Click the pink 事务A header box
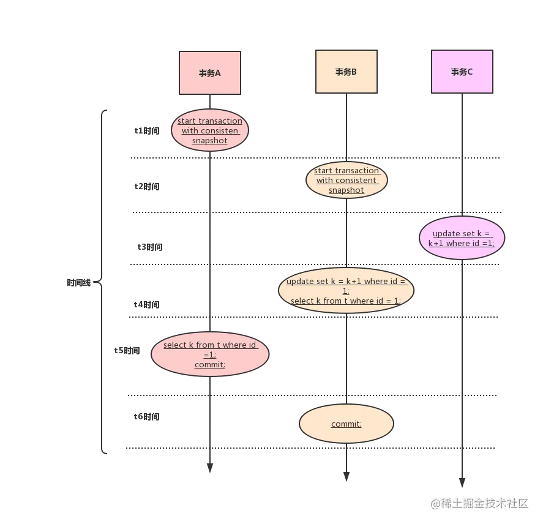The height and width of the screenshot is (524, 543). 209,73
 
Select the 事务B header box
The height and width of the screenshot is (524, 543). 346,72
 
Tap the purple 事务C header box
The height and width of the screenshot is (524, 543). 462,72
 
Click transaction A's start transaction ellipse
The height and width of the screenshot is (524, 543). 209,130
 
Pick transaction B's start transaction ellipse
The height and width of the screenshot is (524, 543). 346,180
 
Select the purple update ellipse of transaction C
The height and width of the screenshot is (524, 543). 462,238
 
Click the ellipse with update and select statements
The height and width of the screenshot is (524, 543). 346,291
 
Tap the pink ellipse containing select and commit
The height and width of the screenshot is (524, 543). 209,354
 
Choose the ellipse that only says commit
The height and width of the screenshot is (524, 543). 346,424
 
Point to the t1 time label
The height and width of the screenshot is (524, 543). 147,130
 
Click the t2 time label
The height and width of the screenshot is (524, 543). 147,185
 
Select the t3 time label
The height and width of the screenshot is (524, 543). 150,247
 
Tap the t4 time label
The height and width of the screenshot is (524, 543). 147,304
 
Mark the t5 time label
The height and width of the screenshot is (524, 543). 128,351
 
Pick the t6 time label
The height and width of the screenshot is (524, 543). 147,416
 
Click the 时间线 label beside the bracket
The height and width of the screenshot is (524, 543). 80,283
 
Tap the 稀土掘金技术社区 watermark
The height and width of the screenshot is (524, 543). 479,503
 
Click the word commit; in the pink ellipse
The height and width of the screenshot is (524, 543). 209,364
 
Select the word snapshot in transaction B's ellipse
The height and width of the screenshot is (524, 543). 346,190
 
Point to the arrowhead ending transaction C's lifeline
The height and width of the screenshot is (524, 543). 462,478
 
